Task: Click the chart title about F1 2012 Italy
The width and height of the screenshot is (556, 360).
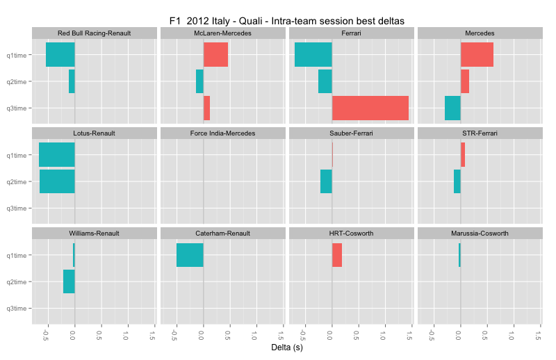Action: pyautogui.click(x=287, y=21)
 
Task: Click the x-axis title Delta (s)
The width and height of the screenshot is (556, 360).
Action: pyautogui.click(x=287, y=347)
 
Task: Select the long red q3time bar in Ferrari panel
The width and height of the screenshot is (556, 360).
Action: pyautogui.click(x=370, y=108)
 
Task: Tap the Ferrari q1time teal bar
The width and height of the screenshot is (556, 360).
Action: pyautogui.click(x=313, y=55)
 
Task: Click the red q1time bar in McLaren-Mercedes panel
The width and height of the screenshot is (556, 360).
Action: pyautogui.click(x=215, y=55)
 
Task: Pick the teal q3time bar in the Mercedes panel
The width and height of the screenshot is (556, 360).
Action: pyautogui.click(x=452, y=108)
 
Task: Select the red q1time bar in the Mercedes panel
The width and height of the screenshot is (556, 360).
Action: pyautogui.click(x=477, y=55)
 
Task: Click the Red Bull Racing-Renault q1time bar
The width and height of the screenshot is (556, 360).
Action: pyautogui.click(x=60, y=55)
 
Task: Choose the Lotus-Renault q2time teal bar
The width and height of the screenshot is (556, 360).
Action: pyautogui.click(x=57, y=181)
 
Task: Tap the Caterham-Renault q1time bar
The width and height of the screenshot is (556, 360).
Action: pyautogui.click(x=190, y=255)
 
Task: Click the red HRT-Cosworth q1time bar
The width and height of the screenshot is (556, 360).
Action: pyautogui.click(x=337, y=255)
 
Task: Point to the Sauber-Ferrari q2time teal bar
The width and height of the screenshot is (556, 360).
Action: pyautogui.click(x=326, y=181)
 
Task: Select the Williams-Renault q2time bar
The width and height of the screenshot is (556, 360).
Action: pyautogui.click(x=69, y=281)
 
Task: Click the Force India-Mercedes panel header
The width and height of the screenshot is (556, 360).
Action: pyautogui.click(x=222, y=133)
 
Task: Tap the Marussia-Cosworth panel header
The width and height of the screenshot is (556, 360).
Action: pyautogui.click(x=480, y=233)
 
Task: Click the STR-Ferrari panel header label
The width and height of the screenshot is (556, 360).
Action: pyautogui.click(x=480, y=133)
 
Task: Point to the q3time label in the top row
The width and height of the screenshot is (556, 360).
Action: pyautogui.click(x=17, y=108)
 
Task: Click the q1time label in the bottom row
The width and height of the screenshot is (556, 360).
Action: pyautogui.click(x=17, y=255)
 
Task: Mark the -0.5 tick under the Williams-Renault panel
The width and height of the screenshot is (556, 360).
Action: pyautogui.click(x=46, y=336)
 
